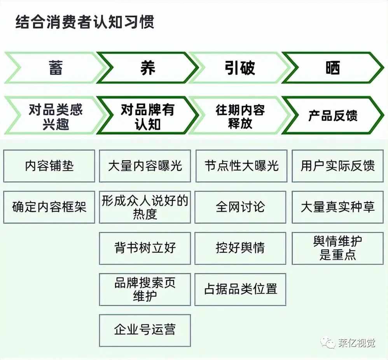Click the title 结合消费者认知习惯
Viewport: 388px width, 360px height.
point(85,22)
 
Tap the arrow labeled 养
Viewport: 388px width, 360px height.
point(148,68)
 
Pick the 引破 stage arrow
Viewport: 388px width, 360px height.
point(240,68)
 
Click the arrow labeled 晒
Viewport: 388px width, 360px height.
point(332,68)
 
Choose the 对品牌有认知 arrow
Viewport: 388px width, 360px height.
point(148,115)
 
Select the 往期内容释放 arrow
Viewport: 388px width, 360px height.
point(240,115)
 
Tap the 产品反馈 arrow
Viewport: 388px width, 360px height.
point(332,115)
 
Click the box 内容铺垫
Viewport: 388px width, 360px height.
point(49,166)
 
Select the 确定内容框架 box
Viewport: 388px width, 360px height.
point(49,207)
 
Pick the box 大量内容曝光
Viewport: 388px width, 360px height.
point(145,166)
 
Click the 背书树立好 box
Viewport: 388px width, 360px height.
point(145,248)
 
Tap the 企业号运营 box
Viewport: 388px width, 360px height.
point(145,330)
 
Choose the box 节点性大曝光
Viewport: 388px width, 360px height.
point(241,166)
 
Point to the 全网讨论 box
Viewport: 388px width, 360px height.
point(240,207)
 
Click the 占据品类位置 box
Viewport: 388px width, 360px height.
point(240,289)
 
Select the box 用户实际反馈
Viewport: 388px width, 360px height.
point(338,166)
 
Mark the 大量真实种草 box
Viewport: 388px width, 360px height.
point(338,207)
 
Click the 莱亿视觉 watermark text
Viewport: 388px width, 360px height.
point(357,343)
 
